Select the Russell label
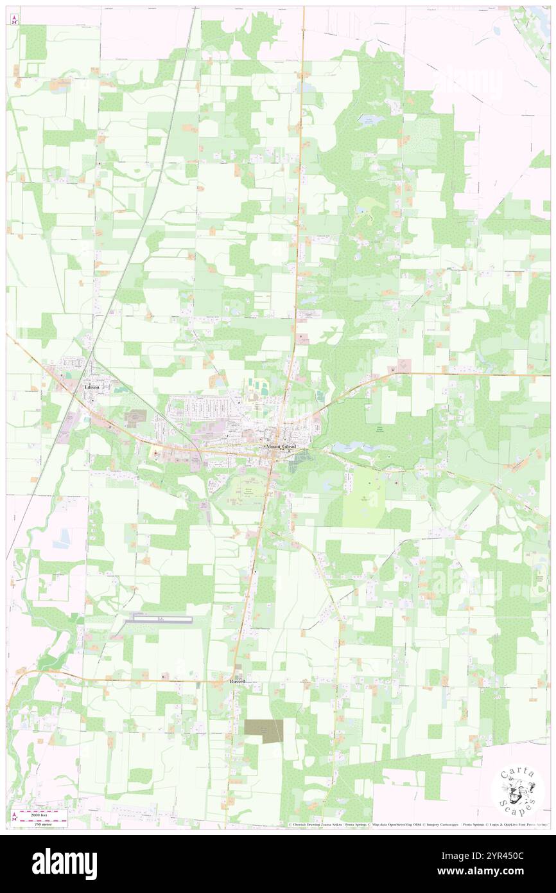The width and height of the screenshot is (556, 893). [238, 681]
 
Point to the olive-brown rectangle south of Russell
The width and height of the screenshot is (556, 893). [263, 730]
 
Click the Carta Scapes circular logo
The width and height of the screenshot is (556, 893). [517, 791]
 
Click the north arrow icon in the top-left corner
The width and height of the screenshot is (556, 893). [15, 19]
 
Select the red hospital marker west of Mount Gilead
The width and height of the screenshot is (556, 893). [155, 454]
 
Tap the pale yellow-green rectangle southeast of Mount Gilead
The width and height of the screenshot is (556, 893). [363, 496]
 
